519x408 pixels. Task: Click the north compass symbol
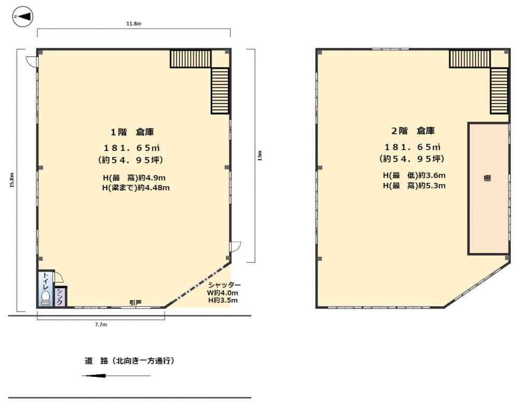(x=22, y=17)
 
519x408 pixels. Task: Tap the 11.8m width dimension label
(x=134, y=23)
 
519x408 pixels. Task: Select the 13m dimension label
(x=260, y=156)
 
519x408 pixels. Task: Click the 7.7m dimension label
(x=101, y=325)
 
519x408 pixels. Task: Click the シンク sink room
(x=60, y=297)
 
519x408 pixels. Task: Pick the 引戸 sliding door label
(x=135, y=302)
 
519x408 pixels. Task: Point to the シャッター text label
(x=224, y=285)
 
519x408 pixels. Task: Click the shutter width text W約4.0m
(x=223, y=293)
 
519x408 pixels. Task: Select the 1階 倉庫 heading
(x=132, y=132)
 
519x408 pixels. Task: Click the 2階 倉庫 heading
(x=413, y=131)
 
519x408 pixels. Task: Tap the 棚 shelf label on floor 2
(x=487, y=178)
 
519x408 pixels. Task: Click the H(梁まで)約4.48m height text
(x=136, y=188)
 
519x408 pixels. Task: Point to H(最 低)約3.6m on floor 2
(x=414, y=175)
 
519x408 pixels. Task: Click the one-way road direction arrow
(x=116, y=375)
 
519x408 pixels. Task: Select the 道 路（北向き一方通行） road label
(x=129, y=361)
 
